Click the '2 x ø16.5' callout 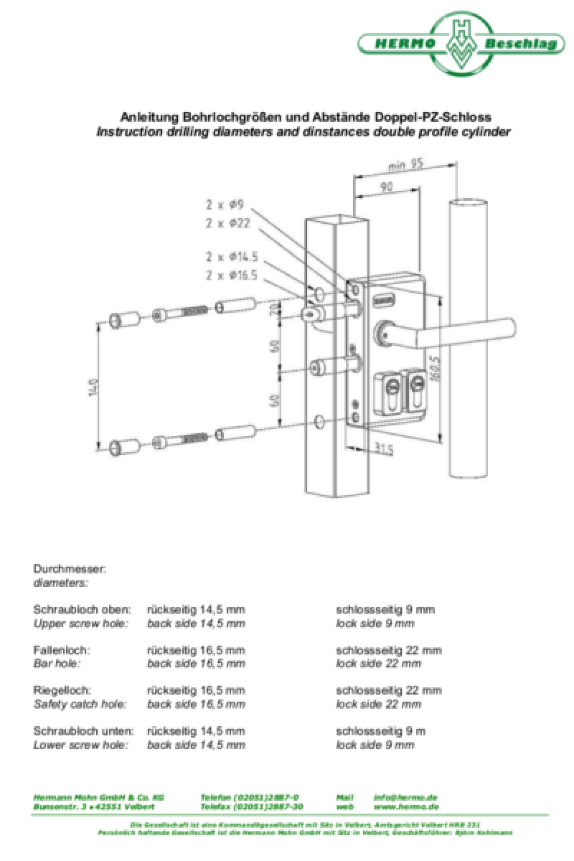pos(232,275)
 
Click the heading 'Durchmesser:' pos(70,569)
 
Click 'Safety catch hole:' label pos(80,705)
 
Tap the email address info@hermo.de pos(405,797)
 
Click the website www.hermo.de pos(405,806)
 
